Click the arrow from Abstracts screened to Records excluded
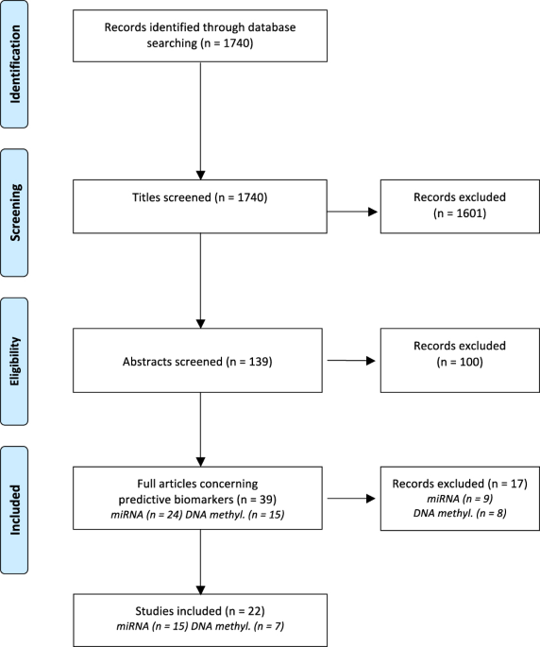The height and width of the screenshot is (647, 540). tap(352, 359)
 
